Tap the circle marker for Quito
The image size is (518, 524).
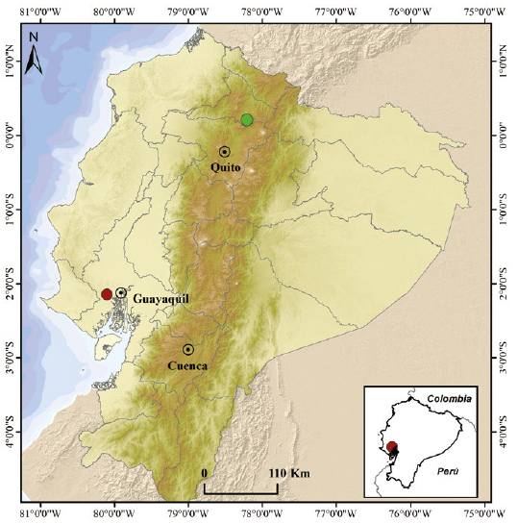point(225,151)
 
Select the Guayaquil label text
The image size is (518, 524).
point(160,299)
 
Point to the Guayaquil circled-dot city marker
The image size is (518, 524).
point(121,292)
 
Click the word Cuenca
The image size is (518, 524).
point(188,366)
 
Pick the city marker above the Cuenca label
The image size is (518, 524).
point(188,349)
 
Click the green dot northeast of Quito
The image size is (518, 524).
point(247,119)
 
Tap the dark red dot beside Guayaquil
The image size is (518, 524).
point(107,294)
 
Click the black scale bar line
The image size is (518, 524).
point(241,492)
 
